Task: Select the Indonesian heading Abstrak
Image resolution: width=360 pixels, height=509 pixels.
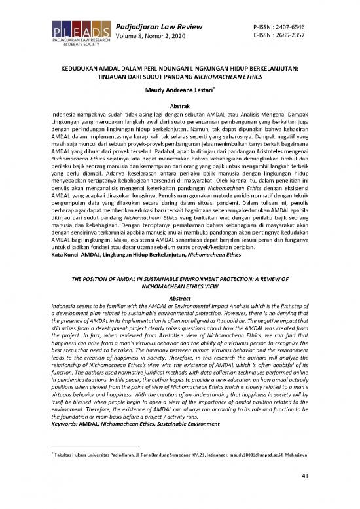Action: (180, 105)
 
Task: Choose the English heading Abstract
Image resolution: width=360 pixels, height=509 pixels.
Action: (180, 297)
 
